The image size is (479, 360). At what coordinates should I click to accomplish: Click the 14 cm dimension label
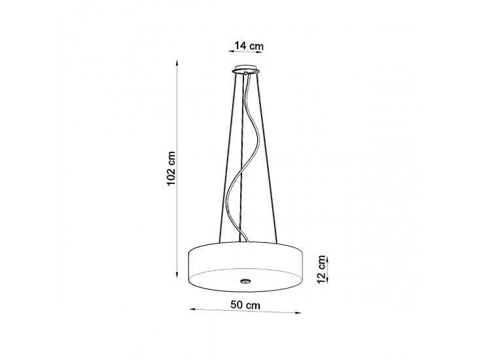[249, 46]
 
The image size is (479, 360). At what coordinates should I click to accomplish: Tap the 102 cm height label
[171, 168]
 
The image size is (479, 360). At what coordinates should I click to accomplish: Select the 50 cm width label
[245, 305]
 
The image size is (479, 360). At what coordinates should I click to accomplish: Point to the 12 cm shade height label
[321, 269]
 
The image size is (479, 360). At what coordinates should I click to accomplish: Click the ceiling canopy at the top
[245, 69]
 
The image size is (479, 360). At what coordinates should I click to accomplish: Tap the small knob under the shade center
[245, 279]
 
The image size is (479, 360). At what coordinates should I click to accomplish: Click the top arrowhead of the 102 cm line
[176, 62]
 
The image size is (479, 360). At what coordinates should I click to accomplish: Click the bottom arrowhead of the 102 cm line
[176, 276]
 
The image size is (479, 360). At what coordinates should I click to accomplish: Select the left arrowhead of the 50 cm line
[192, 309]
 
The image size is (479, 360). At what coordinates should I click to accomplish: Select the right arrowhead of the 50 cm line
[298, 313]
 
